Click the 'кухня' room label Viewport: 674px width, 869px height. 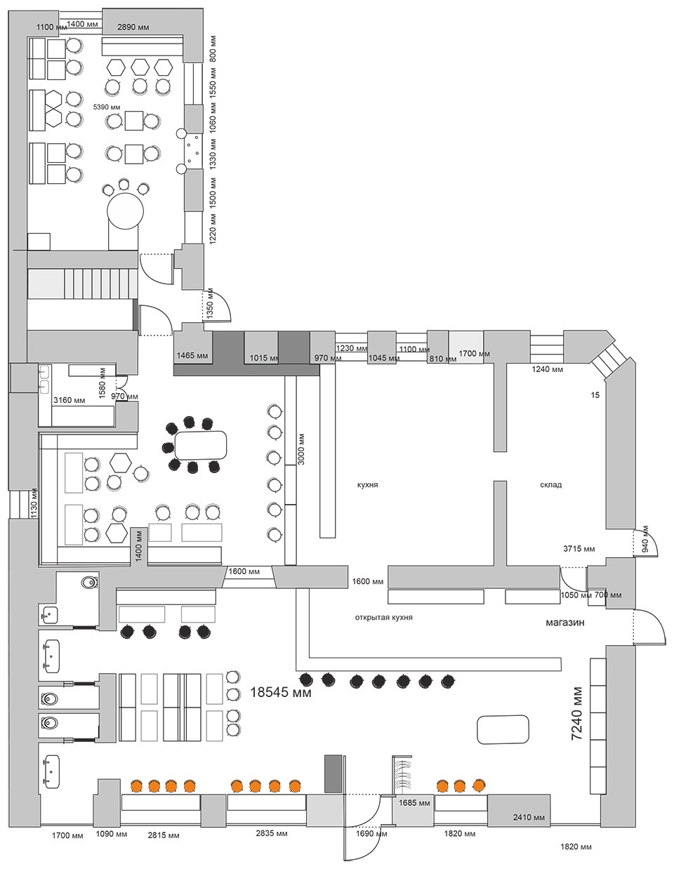[367, 485]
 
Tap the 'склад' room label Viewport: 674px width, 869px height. [551, 485]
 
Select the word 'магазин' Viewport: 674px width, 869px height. [564, 623]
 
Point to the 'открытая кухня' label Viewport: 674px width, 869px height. [383, 618]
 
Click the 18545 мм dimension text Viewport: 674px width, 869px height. [281, 692]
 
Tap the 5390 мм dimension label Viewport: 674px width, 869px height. [107, 107]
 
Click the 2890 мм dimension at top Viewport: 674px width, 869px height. [133, 27]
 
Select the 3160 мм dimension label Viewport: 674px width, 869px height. [70, 400]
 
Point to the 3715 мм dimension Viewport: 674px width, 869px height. [579, 549]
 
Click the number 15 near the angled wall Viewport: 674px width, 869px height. [595, 395]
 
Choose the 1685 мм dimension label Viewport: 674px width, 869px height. [414, 802]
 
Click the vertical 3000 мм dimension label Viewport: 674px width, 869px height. [302, 449]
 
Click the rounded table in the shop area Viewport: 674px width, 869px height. [503, 729]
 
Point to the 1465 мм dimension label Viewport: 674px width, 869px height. [193, 355]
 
